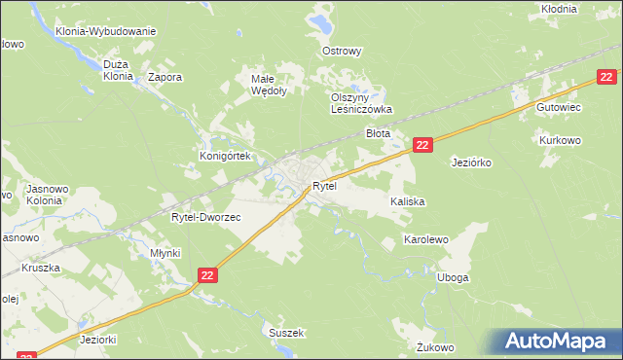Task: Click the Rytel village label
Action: (324, 186)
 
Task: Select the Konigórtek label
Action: (226, 156)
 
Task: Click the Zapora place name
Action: (165, 76)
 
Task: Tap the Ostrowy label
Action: (342, 51)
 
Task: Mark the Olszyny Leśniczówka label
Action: (360, 104)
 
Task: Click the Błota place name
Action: (378, 133)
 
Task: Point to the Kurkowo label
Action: (560, 140)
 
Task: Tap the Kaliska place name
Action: (409, 201)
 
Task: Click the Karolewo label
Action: (425, 238)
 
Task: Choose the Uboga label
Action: (454, 277)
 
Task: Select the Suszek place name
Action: (287, 333)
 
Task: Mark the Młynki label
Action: (165, 252)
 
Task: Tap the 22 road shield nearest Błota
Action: (421, 144)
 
